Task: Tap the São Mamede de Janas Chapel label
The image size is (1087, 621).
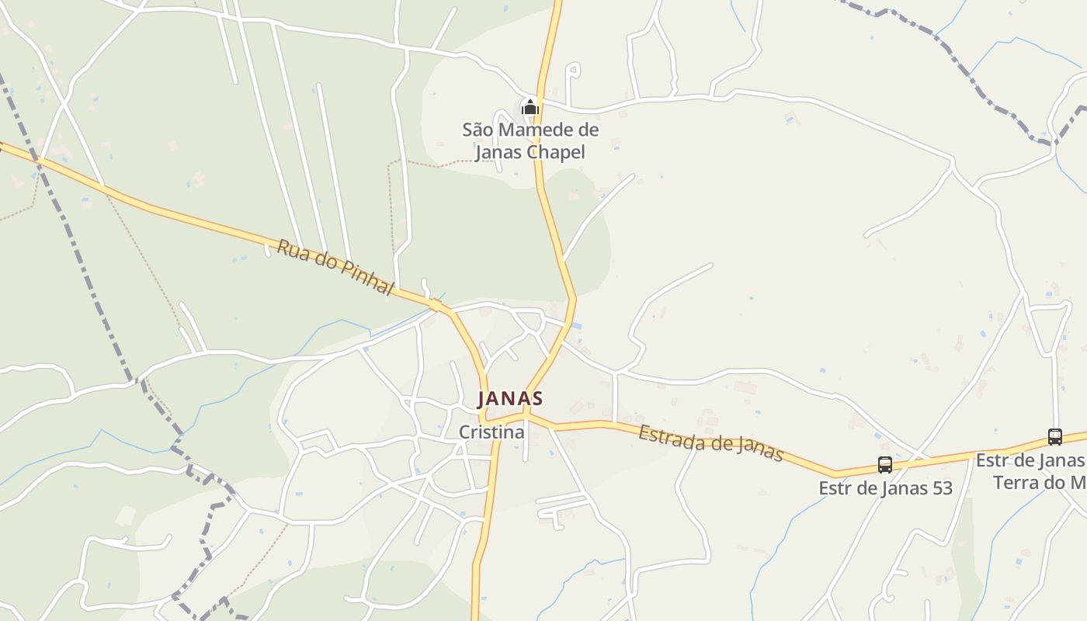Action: tap(530, 141)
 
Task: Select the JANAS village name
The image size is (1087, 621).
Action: tap(510, 398)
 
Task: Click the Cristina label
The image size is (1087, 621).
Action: tap(491, 432)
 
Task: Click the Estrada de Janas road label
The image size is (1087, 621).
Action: tap(710, 443)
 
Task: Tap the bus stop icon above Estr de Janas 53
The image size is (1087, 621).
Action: tap(885, 465)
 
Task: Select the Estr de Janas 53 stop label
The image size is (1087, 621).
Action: tap(885, 488)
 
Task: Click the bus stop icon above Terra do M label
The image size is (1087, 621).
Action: tap(1054, 437)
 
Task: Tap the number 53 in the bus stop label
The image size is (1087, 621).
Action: tap(940, 488)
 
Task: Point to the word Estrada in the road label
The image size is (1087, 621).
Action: tap(668, 435)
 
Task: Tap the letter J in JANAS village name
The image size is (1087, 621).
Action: tap(483, 399)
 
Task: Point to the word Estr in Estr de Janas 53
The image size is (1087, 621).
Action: tap(835, 488)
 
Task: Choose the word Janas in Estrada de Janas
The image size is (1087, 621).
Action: tap(758, 449)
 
